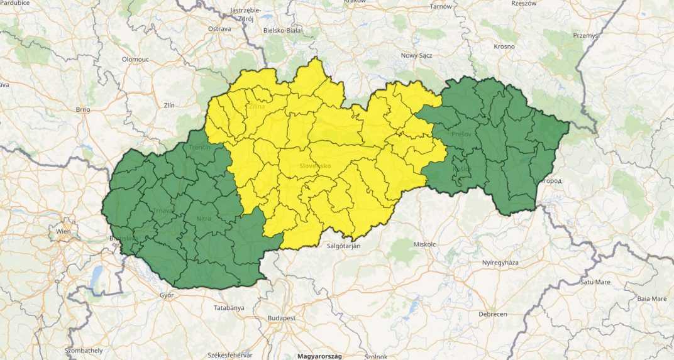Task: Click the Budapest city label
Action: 281,318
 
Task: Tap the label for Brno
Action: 83,109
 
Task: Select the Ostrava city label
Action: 219,29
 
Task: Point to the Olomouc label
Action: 136,58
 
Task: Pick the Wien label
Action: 64,231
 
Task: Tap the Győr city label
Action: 167,295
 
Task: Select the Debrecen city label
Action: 493,314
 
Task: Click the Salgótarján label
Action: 343,246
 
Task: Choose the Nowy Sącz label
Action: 417,55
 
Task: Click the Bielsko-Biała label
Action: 282,30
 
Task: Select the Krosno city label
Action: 504,46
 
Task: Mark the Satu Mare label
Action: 595,282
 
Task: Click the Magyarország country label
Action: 319,356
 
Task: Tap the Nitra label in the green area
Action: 204,218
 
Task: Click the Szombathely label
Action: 84,350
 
